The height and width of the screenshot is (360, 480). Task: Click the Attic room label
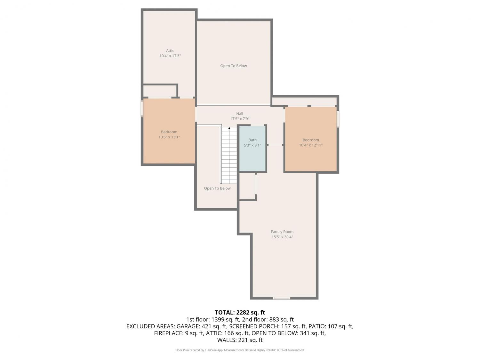pos(170,51)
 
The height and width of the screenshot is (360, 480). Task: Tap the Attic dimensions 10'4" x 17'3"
pos(170,56)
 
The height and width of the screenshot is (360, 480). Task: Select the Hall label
pos(239,114)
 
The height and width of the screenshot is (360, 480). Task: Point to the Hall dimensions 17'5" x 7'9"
pos(239,119)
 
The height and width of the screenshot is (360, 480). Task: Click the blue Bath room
pos(252,148)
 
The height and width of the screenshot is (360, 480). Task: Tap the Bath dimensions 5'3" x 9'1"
pos(252,145)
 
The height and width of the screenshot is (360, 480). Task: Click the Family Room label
pos(282,231)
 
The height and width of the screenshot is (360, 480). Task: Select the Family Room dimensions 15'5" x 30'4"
pos(282,237)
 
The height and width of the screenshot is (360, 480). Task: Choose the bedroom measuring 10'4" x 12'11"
pos(311,139)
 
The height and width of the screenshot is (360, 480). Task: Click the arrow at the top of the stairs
pos(229,128)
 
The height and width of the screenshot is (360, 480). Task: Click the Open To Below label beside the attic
pos(234,66)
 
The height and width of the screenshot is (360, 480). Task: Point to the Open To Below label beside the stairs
pos(217,188)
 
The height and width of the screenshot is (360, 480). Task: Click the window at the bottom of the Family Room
pos(281,298)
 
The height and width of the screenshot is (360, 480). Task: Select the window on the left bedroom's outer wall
pos(142,108)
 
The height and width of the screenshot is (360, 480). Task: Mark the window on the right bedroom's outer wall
pos(338,119)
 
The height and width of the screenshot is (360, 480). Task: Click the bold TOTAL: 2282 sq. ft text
pos(240,312)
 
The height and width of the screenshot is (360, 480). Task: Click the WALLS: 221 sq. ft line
pos(240,340)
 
